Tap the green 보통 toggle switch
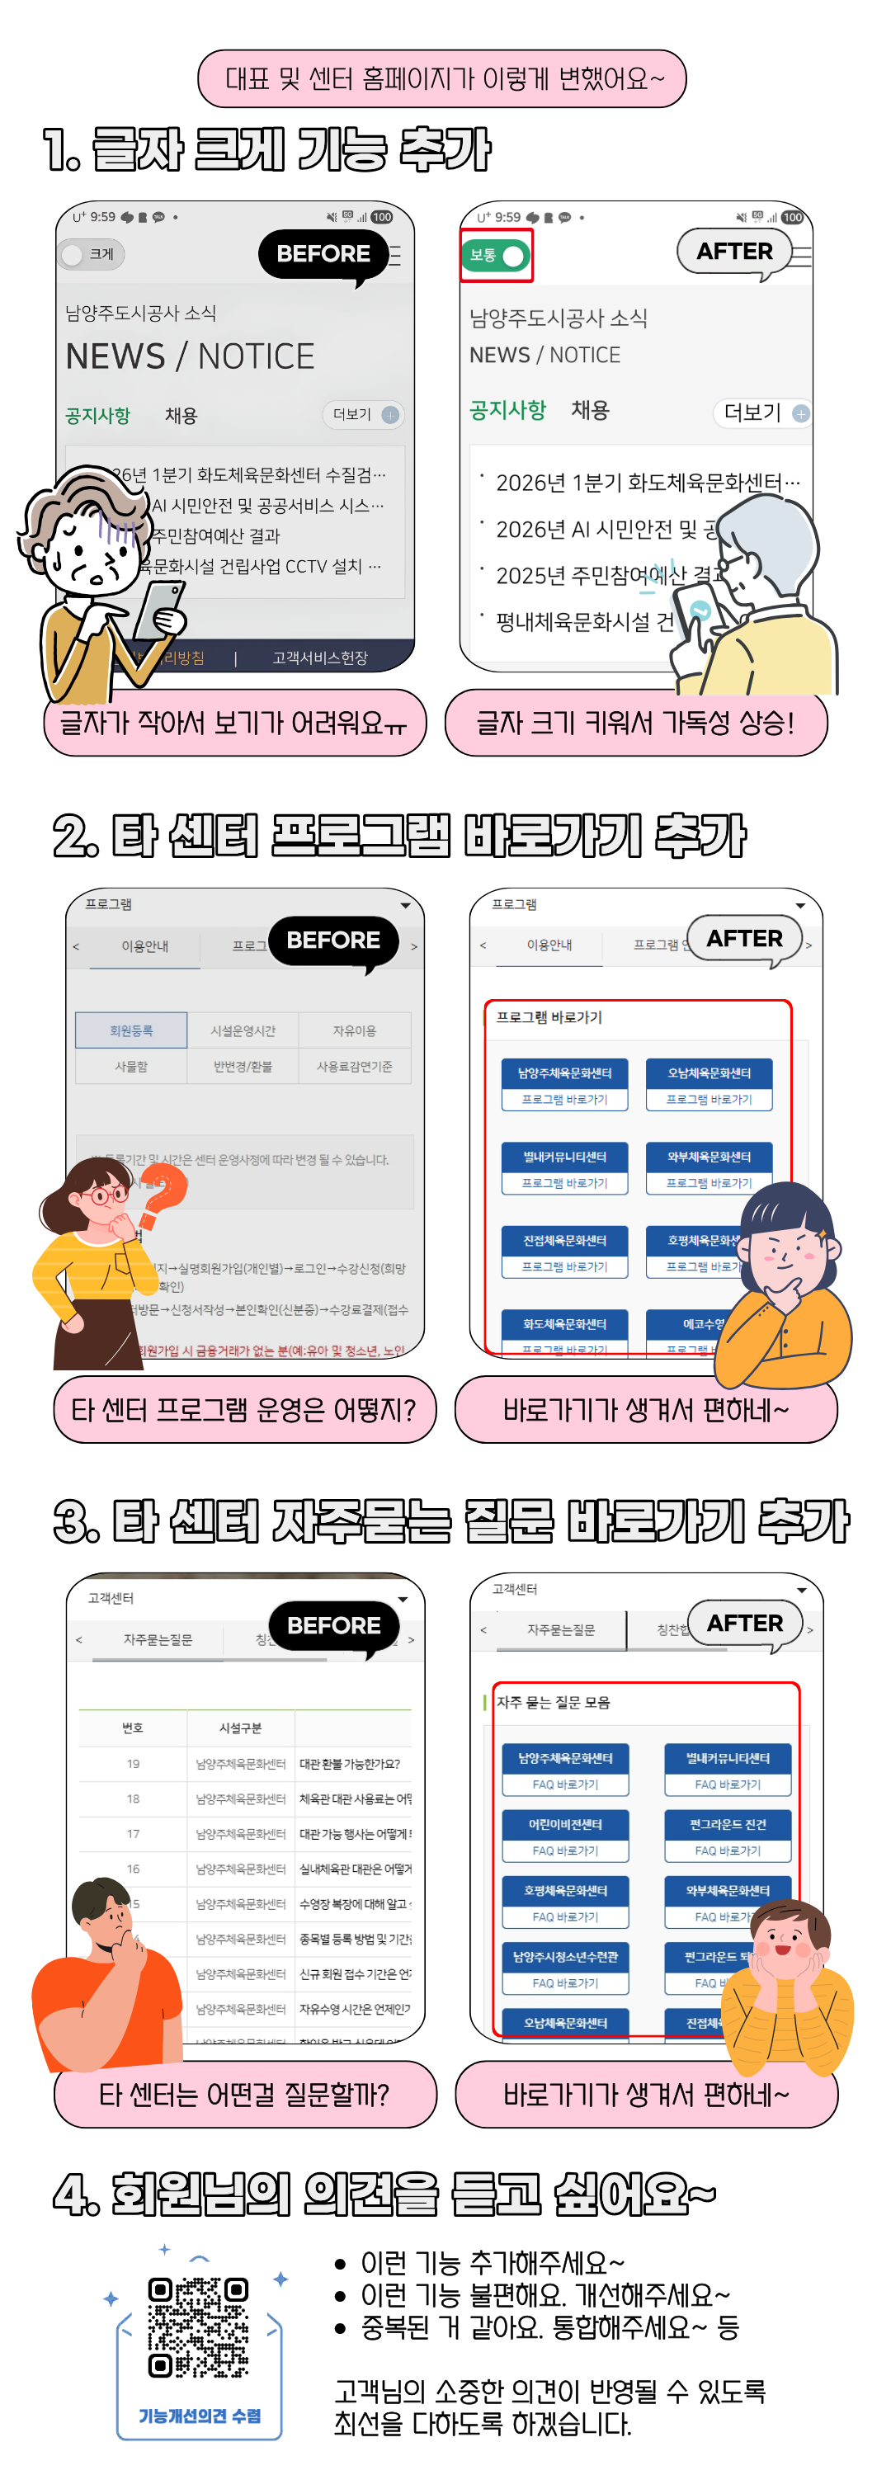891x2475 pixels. pyautogui.click(x=496, y=256)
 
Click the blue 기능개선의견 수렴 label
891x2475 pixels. pyautogui.click(x=199, y=2416)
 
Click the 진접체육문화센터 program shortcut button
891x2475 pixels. pyautogui.click(x=565, y=1252)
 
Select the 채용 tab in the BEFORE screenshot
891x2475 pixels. pyautogui.click(x=181, y=415)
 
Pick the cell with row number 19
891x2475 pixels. pyautogui.click(x=133, y=1763)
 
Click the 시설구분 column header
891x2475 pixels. pyautogui.click(x=240, y=1728)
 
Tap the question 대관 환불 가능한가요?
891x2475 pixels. pyautogui.click(x=350, y=1763)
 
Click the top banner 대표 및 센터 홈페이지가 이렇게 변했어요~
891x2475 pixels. pyautogui.click(x=442, y=78)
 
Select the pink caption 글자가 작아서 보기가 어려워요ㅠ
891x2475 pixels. pyautogui.click(x=234, y=723)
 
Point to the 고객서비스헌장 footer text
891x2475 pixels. pyautogui.click(x=319, y=658)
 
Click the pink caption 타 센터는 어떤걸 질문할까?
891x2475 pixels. pyautogui.click(x=244, y=2094)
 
